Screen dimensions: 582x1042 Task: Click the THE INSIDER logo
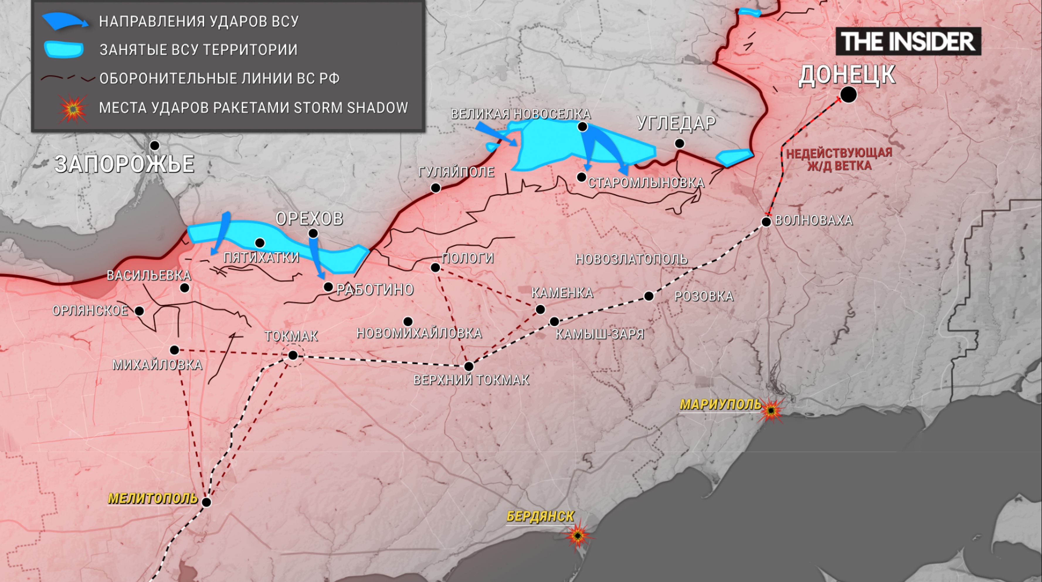pyautogui.click(x=908, y=41)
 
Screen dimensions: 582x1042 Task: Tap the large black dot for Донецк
pyautogui.click(x=848, y=95)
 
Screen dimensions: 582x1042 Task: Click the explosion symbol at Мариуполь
pyautogui.click(x=771, y=410)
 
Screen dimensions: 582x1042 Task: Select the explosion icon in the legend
pyautogui.click(x=72, y=108)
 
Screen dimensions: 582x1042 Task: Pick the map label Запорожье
pyautogui.click(x=124, y=164)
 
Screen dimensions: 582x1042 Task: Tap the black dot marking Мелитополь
pyautogui.click(x=206, y=502)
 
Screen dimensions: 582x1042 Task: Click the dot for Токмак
pyautogui.click(x=293, y=355)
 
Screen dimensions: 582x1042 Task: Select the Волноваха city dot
pyautogui.click(x=766, y=222)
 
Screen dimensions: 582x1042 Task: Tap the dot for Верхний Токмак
pyautogui.click(x=469, y=366)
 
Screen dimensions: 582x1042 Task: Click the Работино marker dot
pyautogui.click(x=328, y=287)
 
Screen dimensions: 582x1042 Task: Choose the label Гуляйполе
pyautogui.click(x=456, y=172)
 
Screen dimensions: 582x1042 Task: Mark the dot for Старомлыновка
pyautogui.click(x=581, y=177)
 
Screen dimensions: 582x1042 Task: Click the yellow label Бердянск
pyautogui.click(x=540, y=516)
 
